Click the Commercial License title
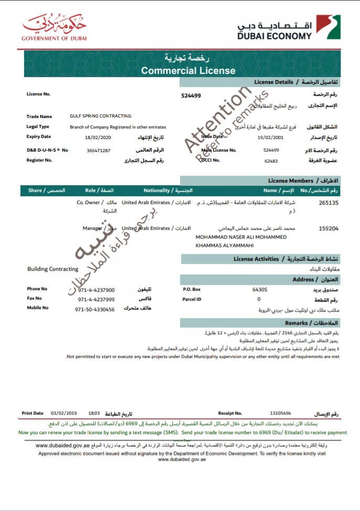pyautogui.click(x=188, y=71)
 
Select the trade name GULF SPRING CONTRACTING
pyautogui.click(x=100, y=116)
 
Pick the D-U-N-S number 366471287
pyautogui.click(x=99, y=151)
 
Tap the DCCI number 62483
pyautogui.click(x=271, y=161)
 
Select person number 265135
pyautogui.click(x=329, y=202)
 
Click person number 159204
pyautogui.click(x=329, y=228)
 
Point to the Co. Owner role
pyautogui.click(x=92, y=202)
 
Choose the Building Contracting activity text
pyautogui.click(x=52, y=269)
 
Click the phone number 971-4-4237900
pyautogui.click(x=96, y=290)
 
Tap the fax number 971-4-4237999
pyautogui.click(x=96, y=299)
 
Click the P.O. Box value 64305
pyautogui.click(x=260, y=289)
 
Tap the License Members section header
pyautogui.click(x=290, y=180)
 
